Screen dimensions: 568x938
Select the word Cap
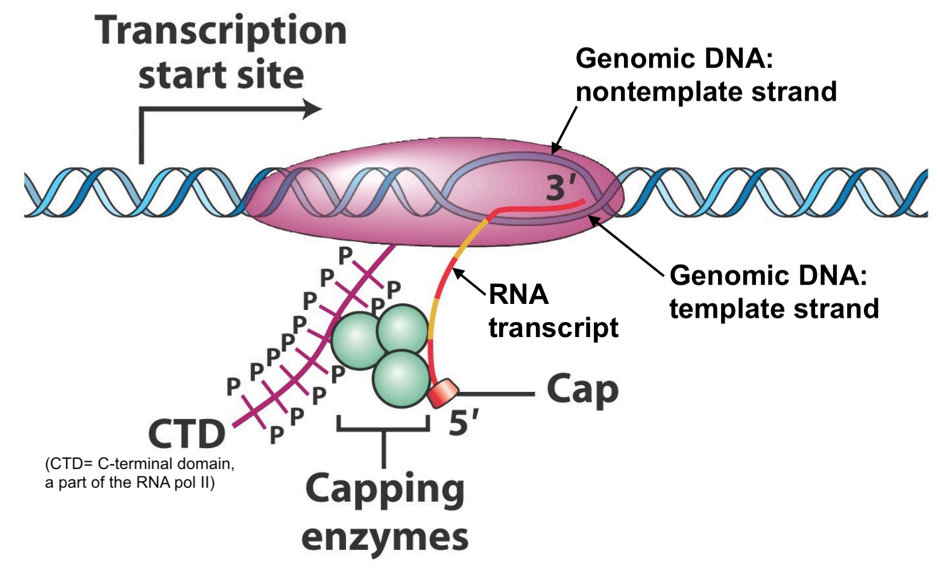[x=582, y=391]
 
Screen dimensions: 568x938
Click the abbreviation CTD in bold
[x=186, y=434]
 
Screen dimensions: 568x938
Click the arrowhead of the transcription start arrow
[x=312, y=109]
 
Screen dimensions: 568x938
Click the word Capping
[x=385, y=490]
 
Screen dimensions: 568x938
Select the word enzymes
[x=385, y=537]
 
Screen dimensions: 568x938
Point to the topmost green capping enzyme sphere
[x=403, y=328]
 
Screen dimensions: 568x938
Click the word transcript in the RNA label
[x=553, y=327]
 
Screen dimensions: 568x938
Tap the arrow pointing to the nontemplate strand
[x=565, y=128]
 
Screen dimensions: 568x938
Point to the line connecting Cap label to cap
[x=496, y=394]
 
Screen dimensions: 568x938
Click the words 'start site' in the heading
[x=221, y=75]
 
